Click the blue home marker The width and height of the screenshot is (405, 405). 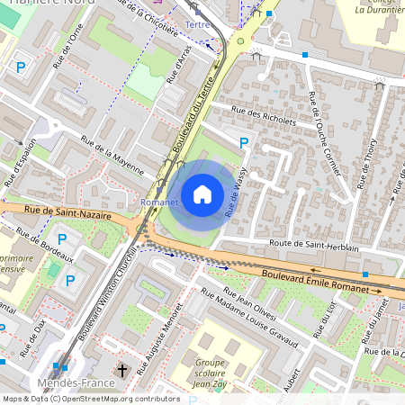point(202,193)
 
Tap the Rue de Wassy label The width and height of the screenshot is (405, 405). point(237,196)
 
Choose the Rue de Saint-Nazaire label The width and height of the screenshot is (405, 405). point(67,212)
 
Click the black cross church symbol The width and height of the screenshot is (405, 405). point(123,370)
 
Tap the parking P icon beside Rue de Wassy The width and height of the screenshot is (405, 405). point(243,142)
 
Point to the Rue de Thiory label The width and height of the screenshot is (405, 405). point(370,166)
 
